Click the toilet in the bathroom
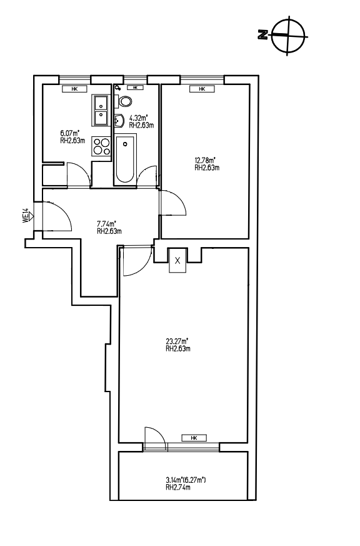click(x=124, y=101)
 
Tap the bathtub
click(x=125, y=159)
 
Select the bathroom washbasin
click(x=119, y=121)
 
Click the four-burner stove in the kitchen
click(x=101, y=146)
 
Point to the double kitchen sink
click(x=100, y=109)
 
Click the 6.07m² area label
click(x=69, y=133)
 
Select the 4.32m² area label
click(x=138, y=118)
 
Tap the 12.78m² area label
click(x=205, y=160)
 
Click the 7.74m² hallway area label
click(x=106, y=223)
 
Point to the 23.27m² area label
click(x=177, y=341)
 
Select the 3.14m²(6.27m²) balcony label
click(x=186, y=480)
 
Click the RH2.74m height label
click(x=177, y=487)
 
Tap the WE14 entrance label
click(x=25, y=216)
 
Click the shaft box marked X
click(x=177, y=260)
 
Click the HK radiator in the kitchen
click(x=74, y=89)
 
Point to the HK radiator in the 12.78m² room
click(x=202, y=89)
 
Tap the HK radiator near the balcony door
click(x=194, y=438)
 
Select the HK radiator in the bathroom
click(x=135, y=88)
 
